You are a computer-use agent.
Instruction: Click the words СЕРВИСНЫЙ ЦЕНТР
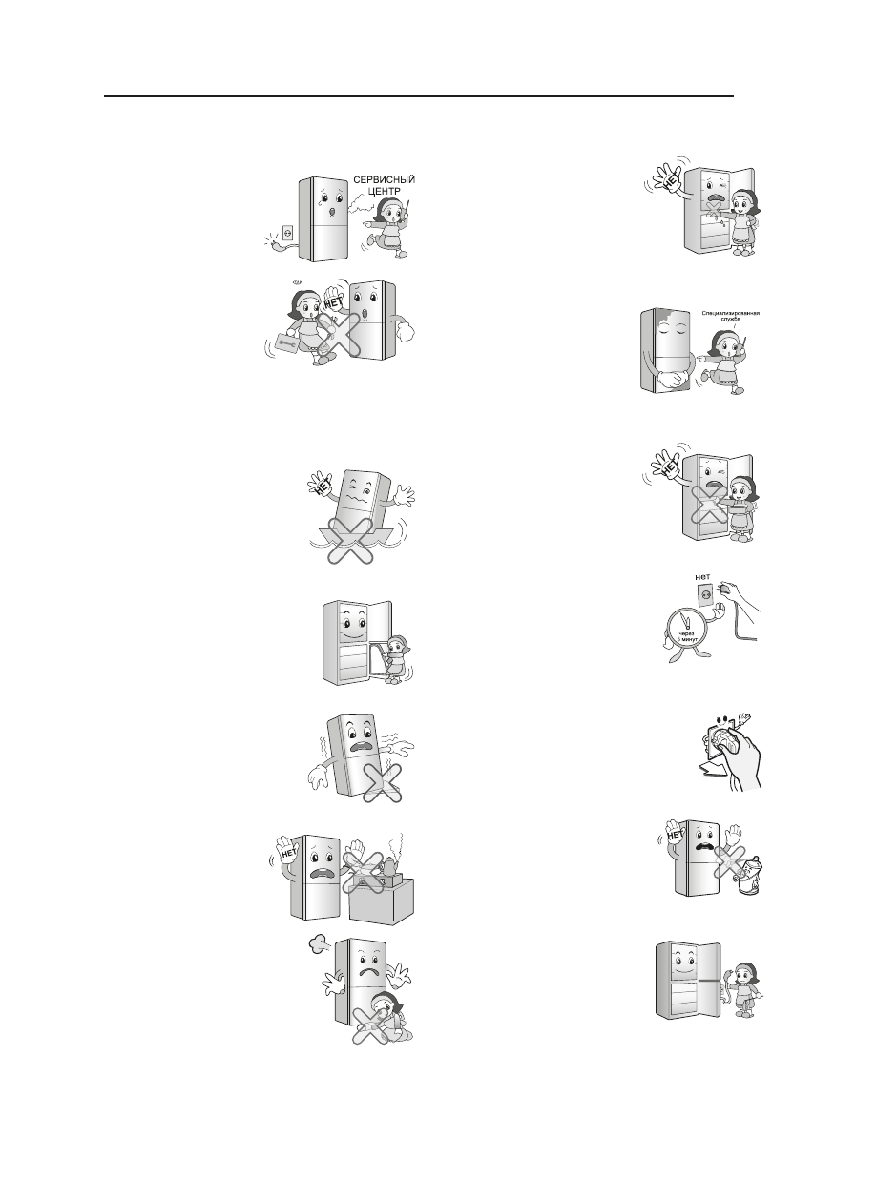coord(385,185)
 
